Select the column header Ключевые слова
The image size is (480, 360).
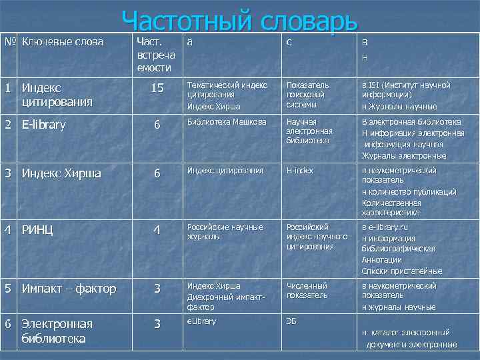pos(63,42)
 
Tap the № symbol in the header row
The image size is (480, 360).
pos(9,42)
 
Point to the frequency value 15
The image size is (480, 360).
pos(157,88)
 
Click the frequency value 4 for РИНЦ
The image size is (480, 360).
pos(157,231)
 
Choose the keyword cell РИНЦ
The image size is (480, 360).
pos(37,231)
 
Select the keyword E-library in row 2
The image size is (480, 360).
pos(44,125)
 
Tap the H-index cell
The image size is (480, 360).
pos(300,171)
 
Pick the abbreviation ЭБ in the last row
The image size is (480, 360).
pos(291,321)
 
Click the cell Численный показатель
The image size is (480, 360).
pos(307,290)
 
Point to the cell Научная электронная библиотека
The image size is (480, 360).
pos(309,131)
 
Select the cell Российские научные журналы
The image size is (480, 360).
pos(225,231)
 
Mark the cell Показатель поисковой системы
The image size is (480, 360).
pos(307,95)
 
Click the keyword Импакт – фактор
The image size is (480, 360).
pos(69,289)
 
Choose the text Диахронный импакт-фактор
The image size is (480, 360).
pos(226,303)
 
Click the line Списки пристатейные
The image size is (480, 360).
pos(401,271)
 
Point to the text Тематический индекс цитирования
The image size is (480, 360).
pos(227,90)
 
